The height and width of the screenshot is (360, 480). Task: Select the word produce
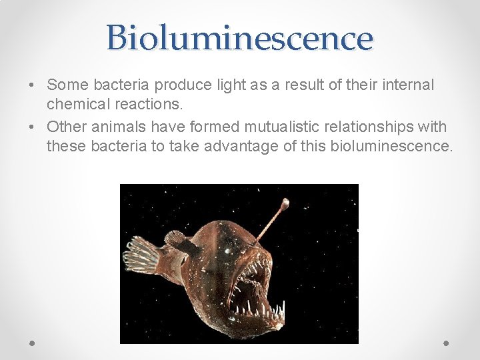[184, 85]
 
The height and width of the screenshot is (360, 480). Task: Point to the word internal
[409, 85]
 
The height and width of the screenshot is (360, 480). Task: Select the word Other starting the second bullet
[64, 126]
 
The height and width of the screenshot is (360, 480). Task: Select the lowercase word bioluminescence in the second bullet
[391, 146]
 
